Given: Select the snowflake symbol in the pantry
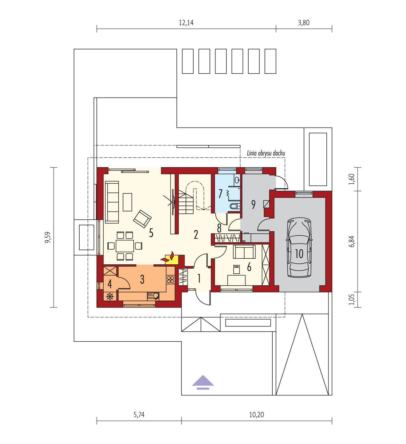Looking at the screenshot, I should [110, 296].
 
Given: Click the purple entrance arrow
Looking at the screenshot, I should [203, 382].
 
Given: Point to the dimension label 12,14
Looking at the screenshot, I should [186, 23].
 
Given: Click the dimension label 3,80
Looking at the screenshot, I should [304, 23].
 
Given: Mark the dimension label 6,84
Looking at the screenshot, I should [353, 241].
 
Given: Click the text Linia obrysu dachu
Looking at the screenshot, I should [266, 153].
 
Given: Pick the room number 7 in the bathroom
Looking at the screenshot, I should [220, 194].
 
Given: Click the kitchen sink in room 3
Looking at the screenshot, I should [153, 295].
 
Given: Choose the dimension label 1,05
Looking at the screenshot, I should [353, 299].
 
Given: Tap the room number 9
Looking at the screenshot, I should [253, 205].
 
